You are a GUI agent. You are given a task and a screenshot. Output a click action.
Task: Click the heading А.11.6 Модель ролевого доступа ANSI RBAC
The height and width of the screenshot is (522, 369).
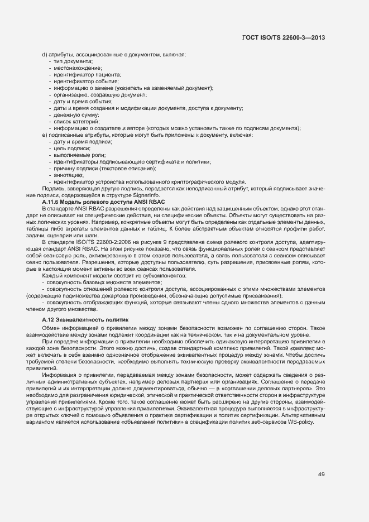click(99, 201)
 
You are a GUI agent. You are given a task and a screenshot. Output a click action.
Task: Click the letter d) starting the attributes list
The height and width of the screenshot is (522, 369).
click(45, 54)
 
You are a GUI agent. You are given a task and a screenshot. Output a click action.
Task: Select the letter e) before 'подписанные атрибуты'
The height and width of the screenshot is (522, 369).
click(45, 135)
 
